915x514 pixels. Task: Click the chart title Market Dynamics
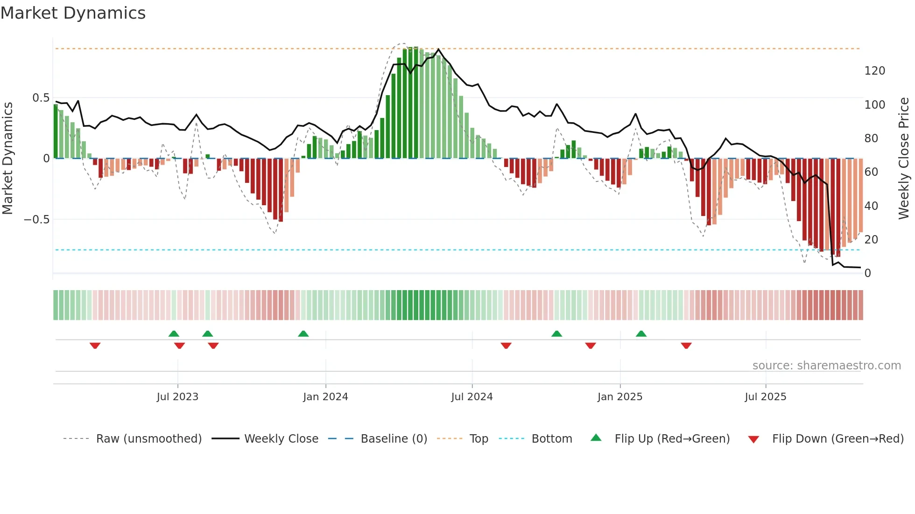click(73, 13)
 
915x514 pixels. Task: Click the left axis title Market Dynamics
click(8, 158)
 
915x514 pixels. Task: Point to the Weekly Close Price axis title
click(904, 158)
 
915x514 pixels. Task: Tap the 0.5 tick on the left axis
click(41, 98)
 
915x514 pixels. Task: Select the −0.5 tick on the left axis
click(37, 219)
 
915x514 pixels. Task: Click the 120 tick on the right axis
click(874, 71)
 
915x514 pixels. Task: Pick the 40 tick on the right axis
click(871, 206)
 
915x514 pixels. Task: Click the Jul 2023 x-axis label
click(177, 397)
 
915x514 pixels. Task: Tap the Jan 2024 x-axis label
click(325, 397)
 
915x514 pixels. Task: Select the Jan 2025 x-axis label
click(620, 397)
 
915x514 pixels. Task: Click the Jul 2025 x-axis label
click(766, 397)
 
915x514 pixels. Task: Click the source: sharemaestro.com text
click(826, 366)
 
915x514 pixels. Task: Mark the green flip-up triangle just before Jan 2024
click(303, 333)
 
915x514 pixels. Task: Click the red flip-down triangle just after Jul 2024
click(506, 346)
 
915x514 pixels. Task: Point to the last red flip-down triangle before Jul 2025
click(686, 346)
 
